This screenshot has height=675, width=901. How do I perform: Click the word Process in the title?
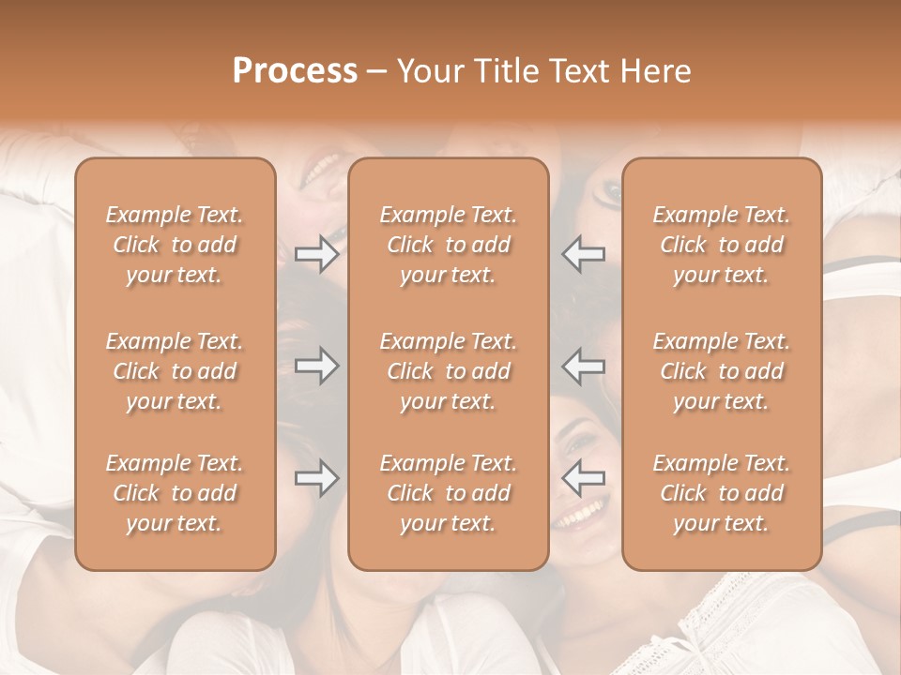click(x=295, y=71)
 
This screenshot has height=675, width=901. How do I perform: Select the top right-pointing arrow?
click(x=316, y=253)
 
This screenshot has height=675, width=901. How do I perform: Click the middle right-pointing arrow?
click(x=316, y=366)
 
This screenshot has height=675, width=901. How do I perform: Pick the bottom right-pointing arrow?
click(x=316, y=478)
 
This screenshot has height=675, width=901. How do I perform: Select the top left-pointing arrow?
click(x=584, y=253)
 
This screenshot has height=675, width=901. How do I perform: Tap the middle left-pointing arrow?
click(x=584, y=366)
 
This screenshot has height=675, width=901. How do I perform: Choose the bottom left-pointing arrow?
click(x=584, y=478)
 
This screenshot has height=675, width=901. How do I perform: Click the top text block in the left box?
click(x=175, y=245)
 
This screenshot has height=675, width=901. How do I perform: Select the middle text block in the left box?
click(x=175, y=371)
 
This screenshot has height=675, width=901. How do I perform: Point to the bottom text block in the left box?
click(x=175, y=493)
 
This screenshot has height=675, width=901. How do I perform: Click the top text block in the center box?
click(x=449, y=245)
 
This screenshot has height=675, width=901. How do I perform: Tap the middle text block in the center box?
click(x=449, y=371)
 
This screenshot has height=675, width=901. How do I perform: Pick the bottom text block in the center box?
click(x=449, y=493)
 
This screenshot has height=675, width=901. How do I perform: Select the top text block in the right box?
click(x=722, y=245)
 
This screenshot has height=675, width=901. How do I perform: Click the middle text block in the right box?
click(x=722, y=371)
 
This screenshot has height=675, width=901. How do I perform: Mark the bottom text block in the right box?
click(x=722, y=493)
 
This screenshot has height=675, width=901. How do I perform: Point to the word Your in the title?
click(x=430, y=71)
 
